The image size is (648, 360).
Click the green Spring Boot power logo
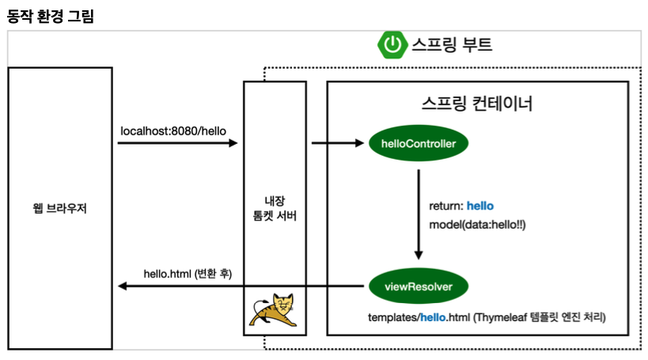[x=392, y=44]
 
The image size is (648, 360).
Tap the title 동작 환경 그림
[x=50, y=15]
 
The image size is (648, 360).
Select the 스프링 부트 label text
[x=452, y=44]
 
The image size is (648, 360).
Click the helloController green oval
[x=419, y=143]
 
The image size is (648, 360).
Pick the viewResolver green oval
[x=419, y=286]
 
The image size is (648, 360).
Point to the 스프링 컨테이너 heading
[x=477, y=104]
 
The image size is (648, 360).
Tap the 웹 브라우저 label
[x=60, y=209]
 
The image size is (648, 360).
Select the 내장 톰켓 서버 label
[x=275, y=208]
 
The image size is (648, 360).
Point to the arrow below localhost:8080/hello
[x=177, y=143]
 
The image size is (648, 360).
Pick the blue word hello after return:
[x=480, y=206]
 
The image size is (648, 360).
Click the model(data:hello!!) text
[x=478, y=225]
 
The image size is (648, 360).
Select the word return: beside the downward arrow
[x=445, y=206]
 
